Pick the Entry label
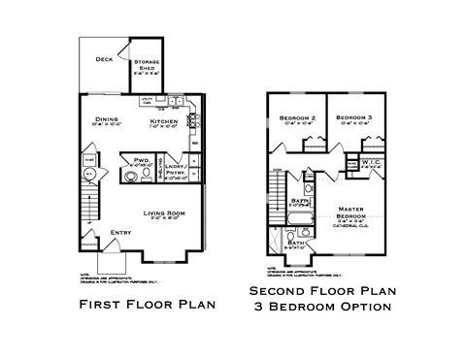click(121, 232)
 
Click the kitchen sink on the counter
click(176, 101)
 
